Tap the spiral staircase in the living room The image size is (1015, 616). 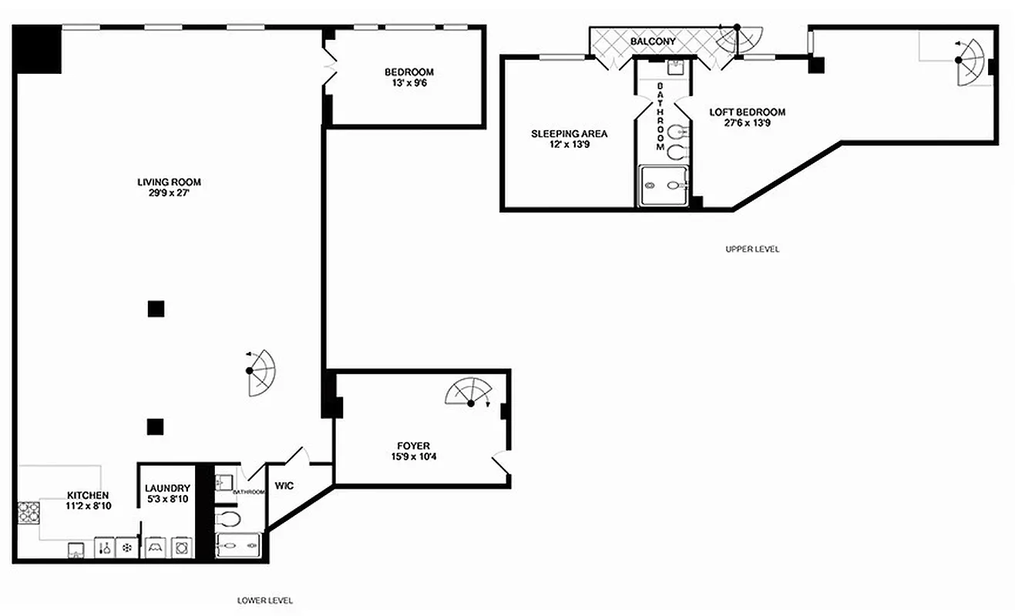pos(260,372)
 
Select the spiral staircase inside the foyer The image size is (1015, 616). pos(468,391)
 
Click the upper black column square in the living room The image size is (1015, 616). pos(156,309)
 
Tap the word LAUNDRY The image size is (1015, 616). pos(167,488)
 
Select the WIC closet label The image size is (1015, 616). pos(283,486)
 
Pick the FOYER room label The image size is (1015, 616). pos(413,446)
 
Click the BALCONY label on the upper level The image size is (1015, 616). pos(653,42)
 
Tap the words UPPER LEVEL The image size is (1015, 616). pos(752,249)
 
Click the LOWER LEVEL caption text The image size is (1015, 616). pos(265,600)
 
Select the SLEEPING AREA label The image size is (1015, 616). pos(569,133)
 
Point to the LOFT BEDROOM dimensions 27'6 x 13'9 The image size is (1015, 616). pos(747,122)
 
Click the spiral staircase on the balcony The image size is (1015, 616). pos(733,39)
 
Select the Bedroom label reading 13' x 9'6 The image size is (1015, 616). pos(409,83)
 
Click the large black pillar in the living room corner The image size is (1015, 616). pos(37,49)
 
